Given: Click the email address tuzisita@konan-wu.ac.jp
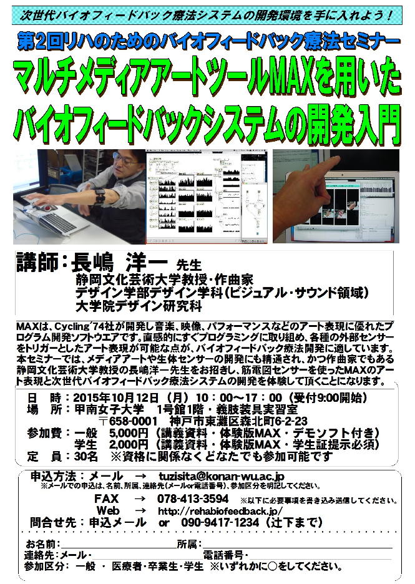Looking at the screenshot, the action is [x=222, y=476].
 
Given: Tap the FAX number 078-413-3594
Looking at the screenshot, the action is [x=193, y=499].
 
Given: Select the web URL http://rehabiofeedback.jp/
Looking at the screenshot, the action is [x=220, y=510].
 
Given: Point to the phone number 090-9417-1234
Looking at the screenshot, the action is [x=220, y=522].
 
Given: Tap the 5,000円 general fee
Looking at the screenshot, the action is [x=129, y=433].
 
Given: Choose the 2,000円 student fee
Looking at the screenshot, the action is [x=129, y=444].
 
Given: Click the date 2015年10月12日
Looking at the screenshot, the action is [x=116, y=397].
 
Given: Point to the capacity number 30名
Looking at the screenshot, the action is [x=86, y=456].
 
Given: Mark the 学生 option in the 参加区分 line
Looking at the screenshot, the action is [x=193, y=567].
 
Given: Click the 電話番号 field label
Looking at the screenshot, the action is [x=223, y=555].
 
